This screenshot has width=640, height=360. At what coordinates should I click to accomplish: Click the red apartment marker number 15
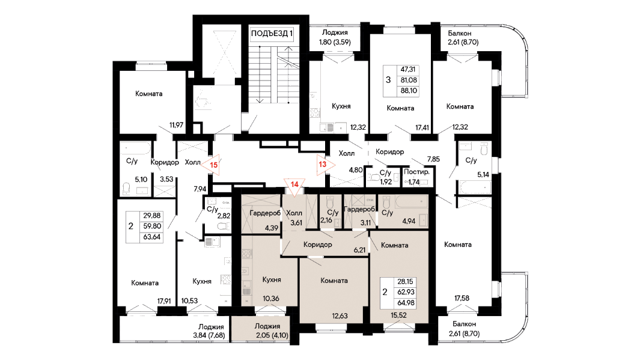tap(213, 165)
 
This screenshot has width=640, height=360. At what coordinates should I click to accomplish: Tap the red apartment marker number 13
tap(323, 165)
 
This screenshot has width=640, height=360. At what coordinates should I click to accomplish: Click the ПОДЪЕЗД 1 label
tap(272, 34)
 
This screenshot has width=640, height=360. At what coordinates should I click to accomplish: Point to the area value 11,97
tap(176, 125)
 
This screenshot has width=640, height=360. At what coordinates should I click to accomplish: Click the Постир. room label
tap(416, 172)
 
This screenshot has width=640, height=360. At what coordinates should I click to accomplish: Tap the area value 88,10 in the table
tap(409, 91)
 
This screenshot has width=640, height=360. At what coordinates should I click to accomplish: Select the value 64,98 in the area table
tap(405, 303)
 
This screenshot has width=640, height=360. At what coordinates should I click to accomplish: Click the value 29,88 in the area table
tap(152, 216)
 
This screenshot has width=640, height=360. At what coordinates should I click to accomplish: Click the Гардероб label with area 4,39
tap(265, 213)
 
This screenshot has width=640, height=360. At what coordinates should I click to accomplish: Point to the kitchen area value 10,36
tap(271, 298)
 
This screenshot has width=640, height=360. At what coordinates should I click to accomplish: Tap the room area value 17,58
tap(462, 298)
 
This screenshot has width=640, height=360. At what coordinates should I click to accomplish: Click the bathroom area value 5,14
tap(483, 175)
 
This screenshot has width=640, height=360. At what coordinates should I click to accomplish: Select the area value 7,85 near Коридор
tap(433, 159)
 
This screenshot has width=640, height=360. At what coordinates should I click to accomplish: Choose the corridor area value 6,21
tap(359, 250)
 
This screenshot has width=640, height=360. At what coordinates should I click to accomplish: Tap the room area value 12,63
tap(340, 316)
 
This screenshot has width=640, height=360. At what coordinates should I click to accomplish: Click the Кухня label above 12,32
tap(341, 106)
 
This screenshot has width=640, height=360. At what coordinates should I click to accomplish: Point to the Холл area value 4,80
tap(356, 170)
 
